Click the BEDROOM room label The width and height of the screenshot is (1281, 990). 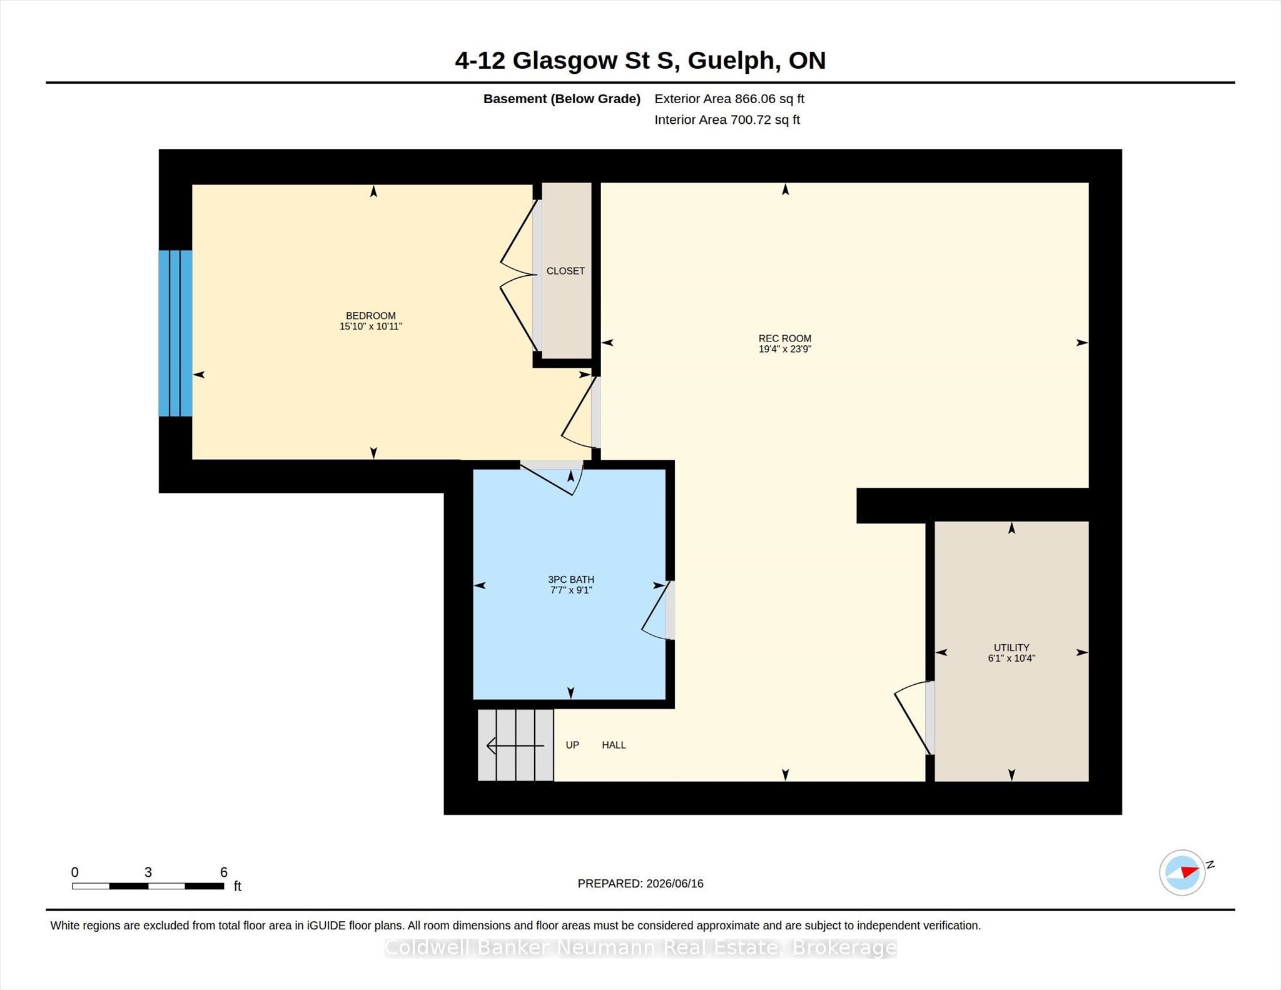[x=371, y=316]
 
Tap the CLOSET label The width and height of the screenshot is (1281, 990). [x=565, y=271]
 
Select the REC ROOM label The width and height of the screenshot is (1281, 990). [x=785, y=338]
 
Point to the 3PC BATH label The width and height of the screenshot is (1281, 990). [x=571, y=580]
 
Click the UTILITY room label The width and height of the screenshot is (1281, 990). [x=1011, y=648]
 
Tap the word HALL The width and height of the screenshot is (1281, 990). [x=614, y=745]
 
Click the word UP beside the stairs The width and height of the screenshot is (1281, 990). [x=572, y=745]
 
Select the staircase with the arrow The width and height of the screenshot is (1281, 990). [x=516, y=745]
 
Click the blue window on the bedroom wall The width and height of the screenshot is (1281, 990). [x=175, y=333]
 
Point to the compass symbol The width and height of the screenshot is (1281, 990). [x=1182, y=872]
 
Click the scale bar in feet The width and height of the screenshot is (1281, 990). [x=148, y=886]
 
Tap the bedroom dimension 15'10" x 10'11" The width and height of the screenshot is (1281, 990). [x=371, y=326]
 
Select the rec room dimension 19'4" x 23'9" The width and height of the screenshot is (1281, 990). [x=785, y=349]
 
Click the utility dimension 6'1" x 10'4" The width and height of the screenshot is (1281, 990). [x=1011, y=658]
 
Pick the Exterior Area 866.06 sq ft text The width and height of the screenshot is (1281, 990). [x=729, y=99]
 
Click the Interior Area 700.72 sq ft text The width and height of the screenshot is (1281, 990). [x=727, y=119]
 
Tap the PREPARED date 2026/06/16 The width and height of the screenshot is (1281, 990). [x=675, y=884]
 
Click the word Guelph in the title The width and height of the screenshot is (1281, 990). [x=731, y=61]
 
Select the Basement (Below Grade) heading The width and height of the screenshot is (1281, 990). [x=562, y=99]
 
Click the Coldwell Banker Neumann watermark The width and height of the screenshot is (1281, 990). [x=640, y=947]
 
